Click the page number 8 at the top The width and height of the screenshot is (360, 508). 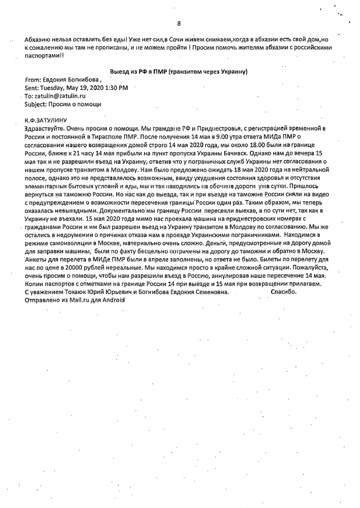point(179,23)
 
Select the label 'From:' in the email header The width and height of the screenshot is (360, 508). point(33,80)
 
